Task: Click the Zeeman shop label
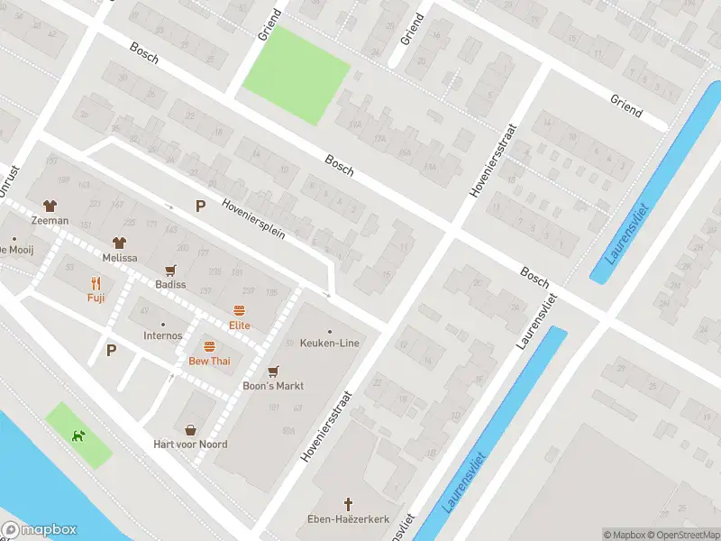50,220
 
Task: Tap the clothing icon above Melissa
119,242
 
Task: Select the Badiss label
169,284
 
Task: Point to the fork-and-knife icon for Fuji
96,281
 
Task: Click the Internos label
162,335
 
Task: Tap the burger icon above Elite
239,310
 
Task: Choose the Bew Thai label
209,361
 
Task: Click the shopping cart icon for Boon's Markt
273,371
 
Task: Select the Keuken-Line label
329,344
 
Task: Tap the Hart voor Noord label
190,444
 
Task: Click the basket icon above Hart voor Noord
190,429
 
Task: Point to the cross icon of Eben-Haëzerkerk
348,503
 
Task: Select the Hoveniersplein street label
253,218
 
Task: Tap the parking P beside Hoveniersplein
200,206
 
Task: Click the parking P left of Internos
111,350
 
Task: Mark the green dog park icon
79,436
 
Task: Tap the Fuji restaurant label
96,298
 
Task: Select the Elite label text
239,326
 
